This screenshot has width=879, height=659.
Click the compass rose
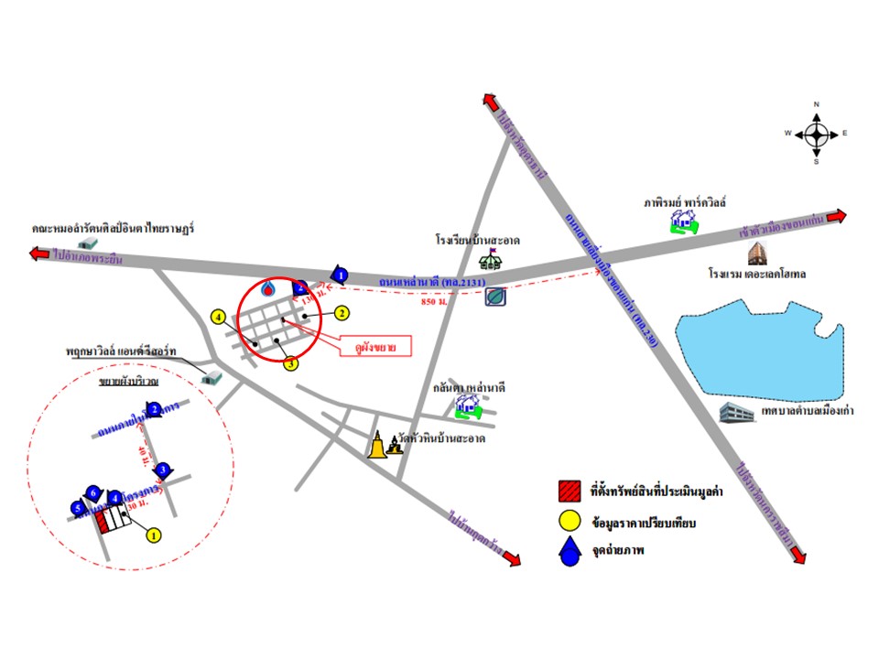(x=816, y=134)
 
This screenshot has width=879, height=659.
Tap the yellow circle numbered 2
(x=341, y=313)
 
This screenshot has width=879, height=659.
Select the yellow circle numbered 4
(x=218, y=318)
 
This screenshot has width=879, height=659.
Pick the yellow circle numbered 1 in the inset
(x=153, y=534)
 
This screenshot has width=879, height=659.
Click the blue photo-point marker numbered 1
(x=340, y=273)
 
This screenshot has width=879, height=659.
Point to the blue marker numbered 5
(x=78, y=508)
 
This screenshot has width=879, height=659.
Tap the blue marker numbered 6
(x=92, y=492)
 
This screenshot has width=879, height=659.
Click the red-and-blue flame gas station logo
(x=268, y=289)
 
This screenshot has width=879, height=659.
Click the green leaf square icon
(x=495, y=297)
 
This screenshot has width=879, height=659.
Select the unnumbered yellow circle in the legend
(x=570, y=523)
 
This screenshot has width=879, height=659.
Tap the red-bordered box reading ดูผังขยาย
(x=375, y=346)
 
